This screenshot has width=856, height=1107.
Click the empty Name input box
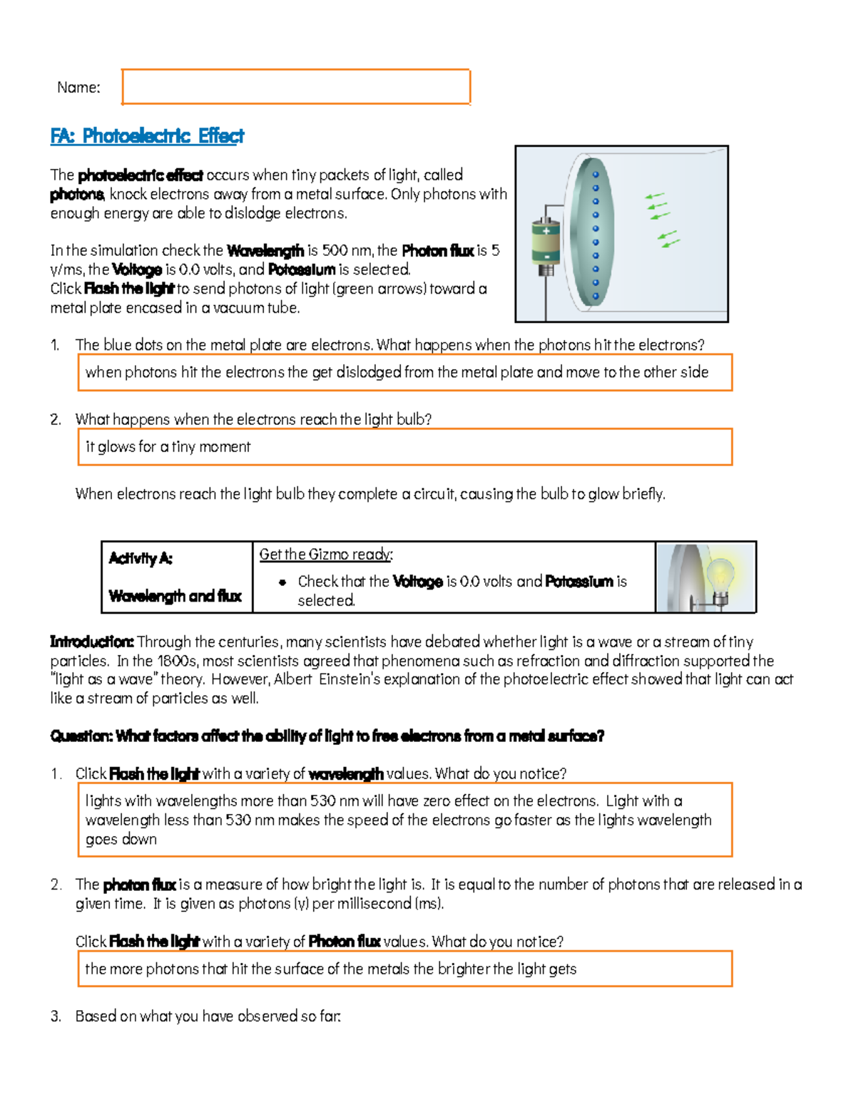[296, 87]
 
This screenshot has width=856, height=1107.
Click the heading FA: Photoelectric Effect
[147, 135]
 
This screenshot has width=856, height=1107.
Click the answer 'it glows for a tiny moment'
[168, 447]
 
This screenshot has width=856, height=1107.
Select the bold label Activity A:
[141, 558]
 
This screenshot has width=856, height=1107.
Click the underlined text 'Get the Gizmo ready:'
[326, 554]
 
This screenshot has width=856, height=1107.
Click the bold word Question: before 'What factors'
[81, 736]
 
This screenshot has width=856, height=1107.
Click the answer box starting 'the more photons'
[404, 969]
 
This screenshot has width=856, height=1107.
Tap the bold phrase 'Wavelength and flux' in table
[175, 596]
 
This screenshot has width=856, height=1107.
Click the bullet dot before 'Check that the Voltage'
[282, 582]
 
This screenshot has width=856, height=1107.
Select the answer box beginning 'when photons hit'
[404, 372]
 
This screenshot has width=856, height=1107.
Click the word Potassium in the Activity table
[579, 582]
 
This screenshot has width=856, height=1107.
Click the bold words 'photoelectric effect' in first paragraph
[141, 175]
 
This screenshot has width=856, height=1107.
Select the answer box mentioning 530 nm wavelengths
[404, 820]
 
